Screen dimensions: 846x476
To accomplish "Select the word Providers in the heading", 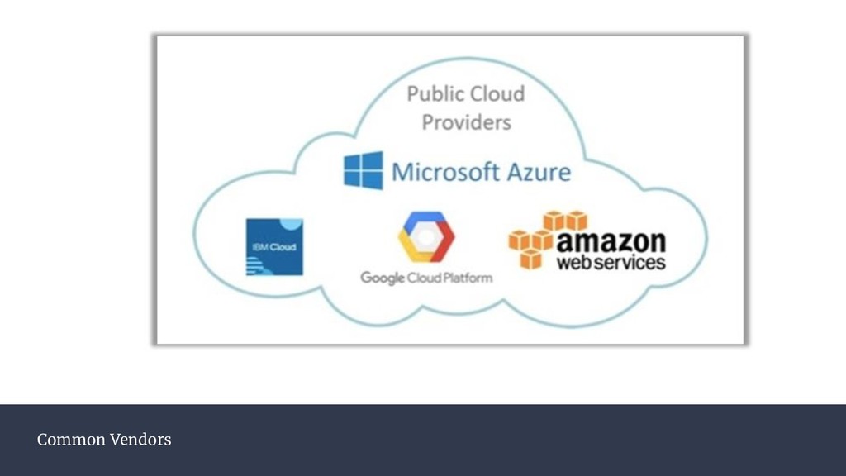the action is (466, 122).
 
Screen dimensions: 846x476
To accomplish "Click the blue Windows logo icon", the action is (364, 170).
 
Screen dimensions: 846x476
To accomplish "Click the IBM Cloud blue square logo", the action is (274, 246).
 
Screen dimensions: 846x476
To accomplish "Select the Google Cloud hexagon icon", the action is (425, 237).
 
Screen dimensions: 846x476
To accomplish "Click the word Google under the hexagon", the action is (382, 278).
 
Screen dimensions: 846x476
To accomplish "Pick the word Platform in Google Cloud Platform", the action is (467, 278).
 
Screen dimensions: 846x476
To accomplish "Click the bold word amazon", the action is (611, 241).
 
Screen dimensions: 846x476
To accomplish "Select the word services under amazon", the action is (630, 263).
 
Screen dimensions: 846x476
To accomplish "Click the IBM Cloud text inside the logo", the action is (274, 246).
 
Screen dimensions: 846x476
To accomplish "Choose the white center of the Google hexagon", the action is (425, 237).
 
